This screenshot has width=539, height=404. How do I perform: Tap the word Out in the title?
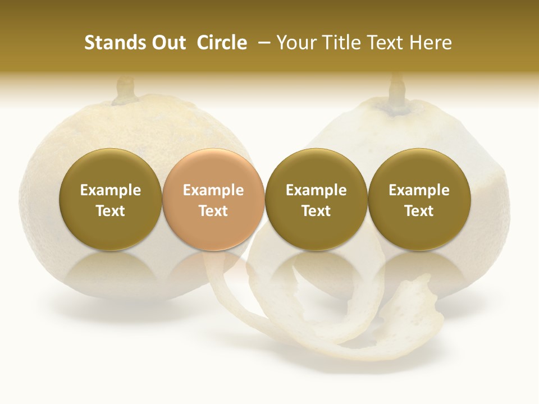coord(167,43)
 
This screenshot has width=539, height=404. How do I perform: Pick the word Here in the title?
coord(431,43)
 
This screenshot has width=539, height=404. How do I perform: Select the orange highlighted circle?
coord(213,200)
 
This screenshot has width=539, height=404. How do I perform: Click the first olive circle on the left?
coord(110,200)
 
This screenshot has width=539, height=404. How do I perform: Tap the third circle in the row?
coord(316,200)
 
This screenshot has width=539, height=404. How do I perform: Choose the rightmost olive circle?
coord(419,200)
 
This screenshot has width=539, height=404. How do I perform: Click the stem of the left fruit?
coord(126,91)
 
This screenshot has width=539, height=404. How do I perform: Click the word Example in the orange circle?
coord(213,190)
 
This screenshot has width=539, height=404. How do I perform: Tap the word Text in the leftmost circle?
coord(110,211)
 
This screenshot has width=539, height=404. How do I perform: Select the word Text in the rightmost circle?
coord(419,211)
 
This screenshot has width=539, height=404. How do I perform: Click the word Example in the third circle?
coord(316,190)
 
